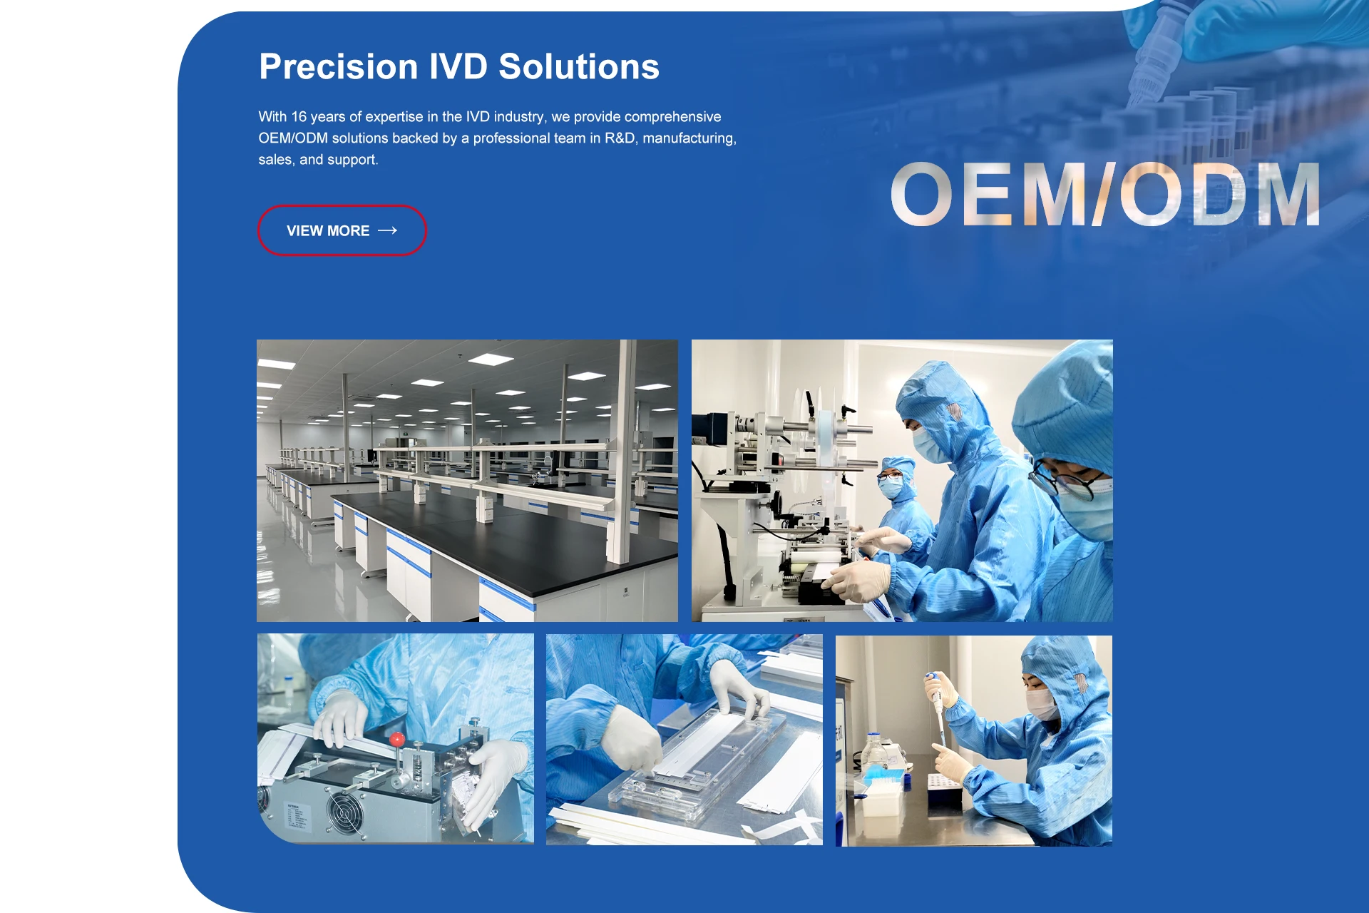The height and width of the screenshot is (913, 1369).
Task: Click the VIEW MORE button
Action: point(342,230)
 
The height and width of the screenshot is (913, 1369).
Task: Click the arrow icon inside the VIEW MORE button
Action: point(387,230)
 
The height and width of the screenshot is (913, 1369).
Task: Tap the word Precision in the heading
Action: point(339,67)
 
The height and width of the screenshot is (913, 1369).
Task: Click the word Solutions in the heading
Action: point(579,67)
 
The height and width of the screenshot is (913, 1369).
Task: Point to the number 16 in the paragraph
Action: point(299,117)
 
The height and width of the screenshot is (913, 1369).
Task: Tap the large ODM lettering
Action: point(1220,194)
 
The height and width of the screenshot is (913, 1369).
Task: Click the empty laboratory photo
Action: point(467,481)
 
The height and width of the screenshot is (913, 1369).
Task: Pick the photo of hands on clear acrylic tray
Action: point(684,740)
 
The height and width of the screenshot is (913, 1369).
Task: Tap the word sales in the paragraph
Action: point(275,160)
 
